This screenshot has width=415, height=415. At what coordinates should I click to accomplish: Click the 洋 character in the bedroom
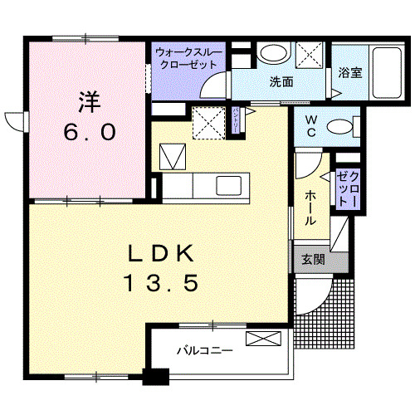89,102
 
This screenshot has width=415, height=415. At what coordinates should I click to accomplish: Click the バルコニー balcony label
204,350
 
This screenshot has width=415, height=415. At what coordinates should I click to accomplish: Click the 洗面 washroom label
281,81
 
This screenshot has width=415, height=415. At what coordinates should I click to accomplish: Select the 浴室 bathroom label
349,73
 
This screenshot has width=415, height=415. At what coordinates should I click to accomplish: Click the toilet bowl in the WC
340,127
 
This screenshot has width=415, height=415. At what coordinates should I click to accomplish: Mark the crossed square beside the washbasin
310,54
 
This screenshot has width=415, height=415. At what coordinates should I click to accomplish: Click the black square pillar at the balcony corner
151,374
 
